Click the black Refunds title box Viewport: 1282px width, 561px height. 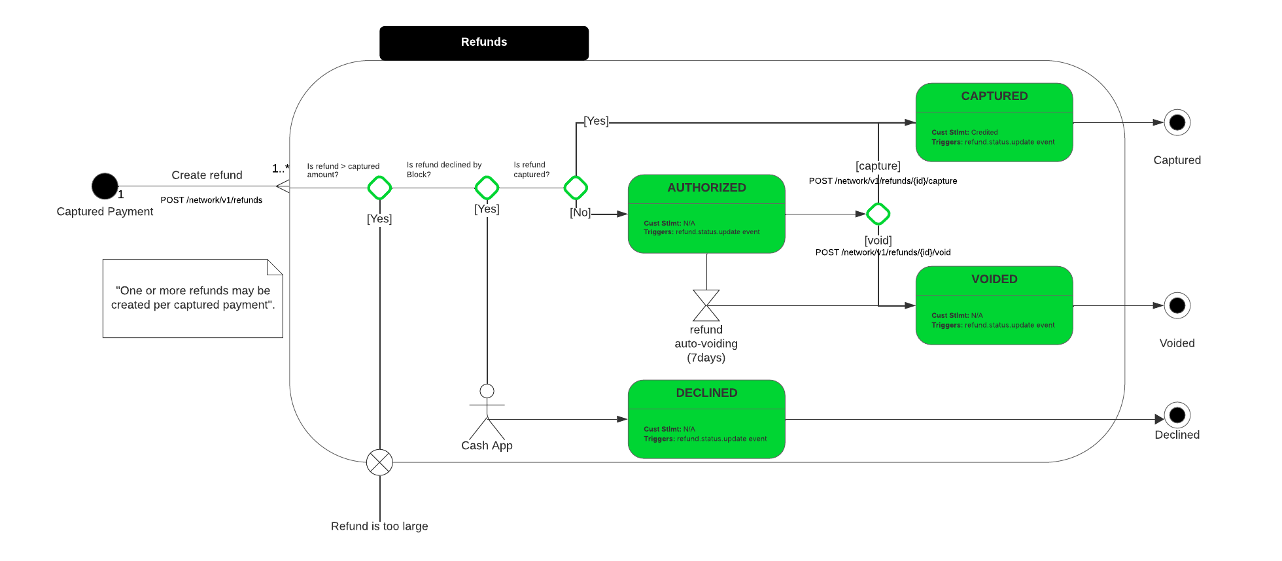pos(484,43)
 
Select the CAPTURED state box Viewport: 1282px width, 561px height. pos(994,122)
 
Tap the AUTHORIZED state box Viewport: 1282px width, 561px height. pos(706,214)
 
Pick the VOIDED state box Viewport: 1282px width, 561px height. pos(994,305)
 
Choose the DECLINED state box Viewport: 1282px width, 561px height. pos(706,419)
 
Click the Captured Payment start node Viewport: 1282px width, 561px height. pos(105,186)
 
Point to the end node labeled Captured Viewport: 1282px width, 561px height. pos(1177,122)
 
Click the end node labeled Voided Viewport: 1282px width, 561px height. pos(1177,305)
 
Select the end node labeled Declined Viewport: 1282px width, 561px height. pos(1177,415)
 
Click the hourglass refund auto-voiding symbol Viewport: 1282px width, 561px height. pos(706,305)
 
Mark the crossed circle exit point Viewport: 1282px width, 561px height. pos(379,462)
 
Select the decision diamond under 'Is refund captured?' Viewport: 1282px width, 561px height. pos(576,188)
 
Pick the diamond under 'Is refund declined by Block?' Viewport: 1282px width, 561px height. pos(487,188)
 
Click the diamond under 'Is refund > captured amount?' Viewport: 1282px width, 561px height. pos(379,188)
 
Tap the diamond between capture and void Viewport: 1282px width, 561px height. pos(878,214)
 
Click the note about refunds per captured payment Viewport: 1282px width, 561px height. pos(193,298)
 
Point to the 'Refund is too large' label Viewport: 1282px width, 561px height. pos(379,526)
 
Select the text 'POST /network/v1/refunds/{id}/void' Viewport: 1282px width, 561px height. pos(883,252)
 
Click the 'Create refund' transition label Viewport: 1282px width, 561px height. pos(207,175)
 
